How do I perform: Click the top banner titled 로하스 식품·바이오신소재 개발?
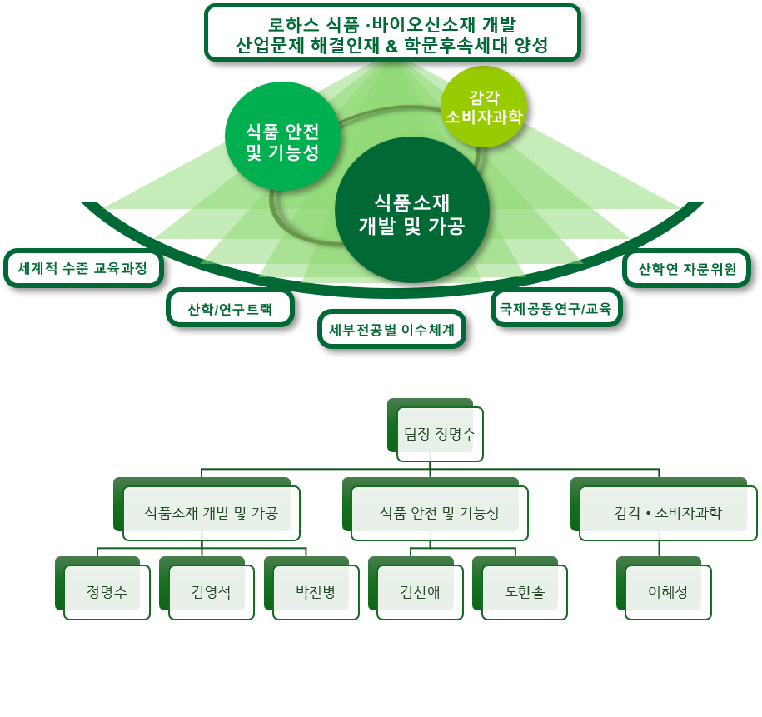click(x=393, y=33)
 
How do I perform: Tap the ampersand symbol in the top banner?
click(x=391, y=47)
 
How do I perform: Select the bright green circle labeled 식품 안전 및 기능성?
click(x=281, y=137)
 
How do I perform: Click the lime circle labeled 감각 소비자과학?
click(x=484, y=107)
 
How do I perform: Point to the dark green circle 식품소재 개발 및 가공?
click(x=412, y=210)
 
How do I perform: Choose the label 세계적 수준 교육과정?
click(x=83, y=268)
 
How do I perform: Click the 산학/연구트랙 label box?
click(x=231, y=309)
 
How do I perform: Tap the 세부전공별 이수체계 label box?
click(x=391, y=330)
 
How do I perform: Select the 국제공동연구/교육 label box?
click(x=556, y=308)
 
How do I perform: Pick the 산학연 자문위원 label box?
click(x=687, y=268)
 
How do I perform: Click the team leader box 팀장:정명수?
click(x=436, y=430)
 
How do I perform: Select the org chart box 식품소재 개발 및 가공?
click(x=207, y=509)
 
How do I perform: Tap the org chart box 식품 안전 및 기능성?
click(x=435, y=509)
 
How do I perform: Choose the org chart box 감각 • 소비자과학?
click(x=664, y=509)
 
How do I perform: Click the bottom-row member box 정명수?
click(x=102, y=588)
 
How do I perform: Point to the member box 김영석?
click(x=207, y=588)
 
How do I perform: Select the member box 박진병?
click(x=311, y=588)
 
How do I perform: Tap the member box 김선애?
click(x=416, y=588)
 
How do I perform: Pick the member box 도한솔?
click(x=520, y=588)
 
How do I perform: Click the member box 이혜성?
click(x=664, y=588)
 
